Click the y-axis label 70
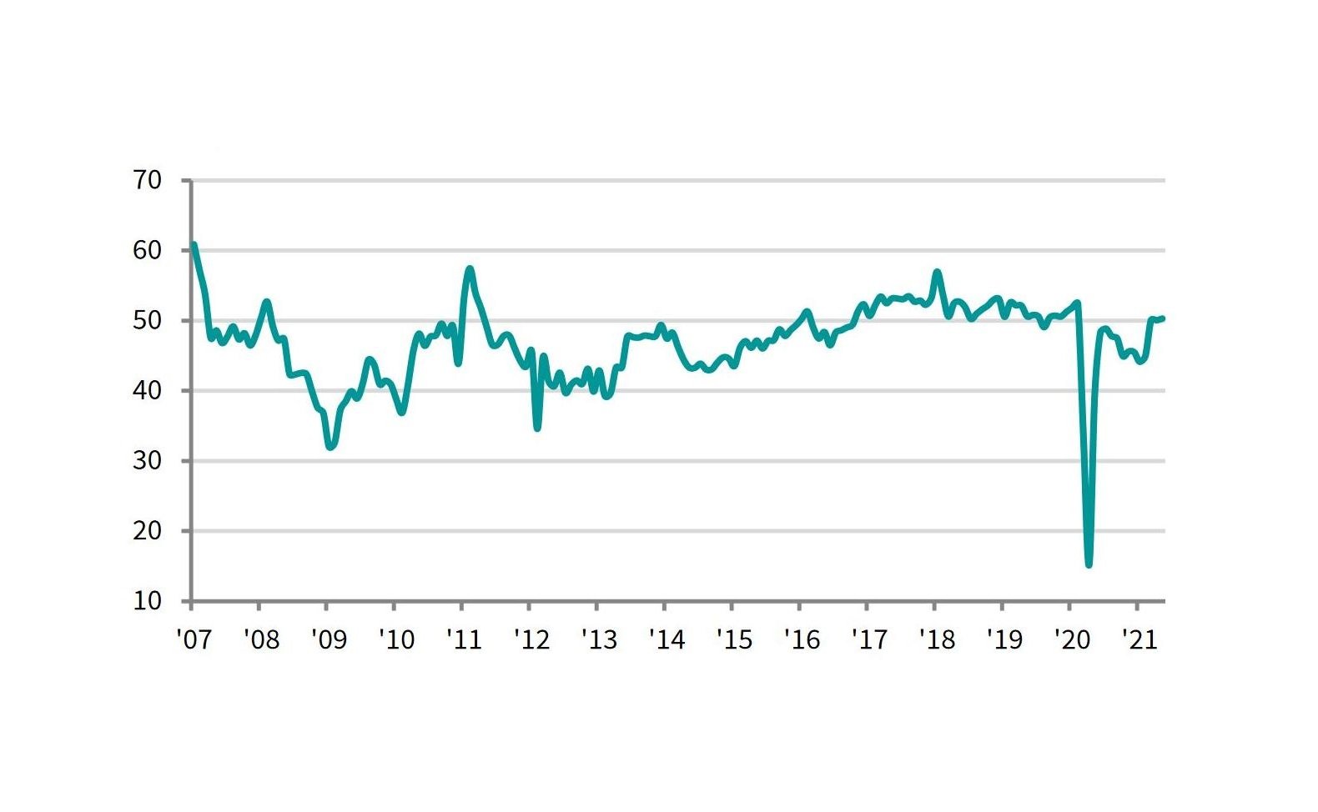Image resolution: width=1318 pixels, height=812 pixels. [x=147, y=181]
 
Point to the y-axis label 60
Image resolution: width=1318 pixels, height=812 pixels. [x=147, y=250]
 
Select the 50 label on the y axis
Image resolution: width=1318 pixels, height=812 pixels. [x=147, y=321]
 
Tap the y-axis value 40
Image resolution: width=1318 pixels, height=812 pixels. [x=147, y=391]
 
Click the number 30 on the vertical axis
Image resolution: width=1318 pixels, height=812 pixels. [x=147, y=461]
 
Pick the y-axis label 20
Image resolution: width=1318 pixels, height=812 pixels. [x=147, y=531]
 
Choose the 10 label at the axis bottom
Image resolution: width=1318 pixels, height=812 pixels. [x=147, y=601]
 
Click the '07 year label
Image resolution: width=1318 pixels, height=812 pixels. [x=194, y=639]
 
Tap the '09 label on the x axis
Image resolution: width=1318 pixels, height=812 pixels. [x=329, y=639]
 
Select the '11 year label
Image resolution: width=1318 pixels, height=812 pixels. [x=465, y=639]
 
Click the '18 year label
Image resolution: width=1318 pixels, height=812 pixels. [x=938, y=639]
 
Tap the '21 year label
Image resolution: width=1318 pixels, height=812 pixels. [x=1139, y=639]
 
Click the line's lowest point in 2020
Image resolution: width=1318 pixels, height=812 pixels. [x=1089, y=564]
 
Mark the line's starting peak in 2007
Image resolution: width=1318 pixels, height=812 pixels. [x=194, y=244]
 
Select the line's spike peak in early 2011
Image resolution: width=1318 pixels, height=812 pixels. [x=470, y=269]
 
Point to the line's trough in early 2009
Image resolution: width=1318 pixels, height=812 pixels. [x=330, y=448]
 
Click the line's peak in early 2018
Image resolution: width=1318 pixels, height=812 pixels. [x=938, y=273]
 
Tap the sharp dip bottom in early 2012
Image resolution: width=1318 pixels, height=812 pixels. [x=537, y=428]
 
